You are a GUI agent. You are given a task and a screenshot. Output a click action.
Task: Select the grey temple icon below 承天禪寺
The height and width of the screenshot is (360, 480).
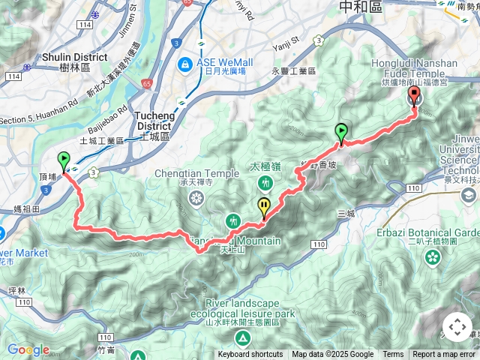click(196, 199)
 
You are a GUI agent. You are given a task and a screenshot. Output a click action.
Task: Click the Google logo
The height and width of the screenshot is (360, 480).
click(28, 349)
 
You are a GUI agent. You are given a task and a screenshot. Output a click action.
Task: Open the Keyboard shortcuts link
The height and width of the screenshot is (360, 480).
click(250, 355)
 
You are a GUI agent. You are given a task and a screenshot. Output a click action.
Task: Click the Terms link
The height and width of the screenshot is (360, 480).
click(393, 355)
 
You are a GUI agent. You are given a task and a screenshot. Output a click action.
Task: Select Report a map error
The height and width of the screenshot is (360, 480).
click(444, 355)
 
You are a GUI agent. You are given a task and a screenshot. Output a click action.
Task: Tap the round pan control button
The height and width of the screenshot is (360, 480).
click(457, 328)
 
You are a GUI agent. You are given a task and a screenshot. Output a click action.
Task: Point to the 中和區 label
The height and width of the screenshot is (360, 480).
click(360, 7)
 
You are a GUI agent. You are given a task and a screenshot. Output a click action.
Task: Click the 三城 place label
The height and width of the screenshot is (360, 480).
click(346, 214)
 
